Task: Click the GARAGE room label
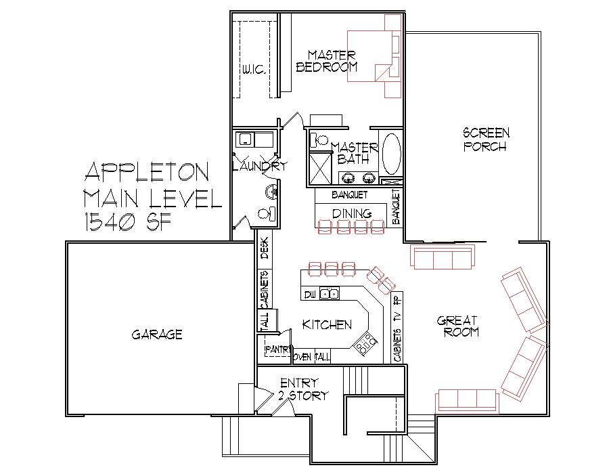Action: tap(157, 335)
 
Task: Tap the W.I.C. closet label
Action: tap(254, 70)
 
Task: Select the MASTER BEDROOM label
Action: tap(327, 61)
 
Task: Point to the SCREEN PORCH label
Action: tap(486, 139)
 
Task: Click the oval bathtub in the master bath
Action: tap(392, 154)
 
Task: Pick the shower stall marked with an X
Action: tap(320, 169)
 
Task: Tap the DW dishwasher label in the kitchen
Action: tap(310, 295)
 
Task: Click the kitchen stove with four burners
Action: tap(365, 344)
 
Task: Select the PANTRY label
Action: tap(277, 349)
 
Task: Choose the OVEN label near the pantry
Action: tap(303, 357)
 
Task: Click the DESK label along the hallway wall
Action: tap(265, 249)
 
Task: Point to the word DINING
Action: tap(351, 213)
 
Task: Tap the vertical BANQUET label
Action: tap(396, 207)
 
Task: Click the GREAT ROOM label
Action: tap(457, 326)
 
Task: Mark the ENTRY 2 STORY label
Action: tap(303, 389)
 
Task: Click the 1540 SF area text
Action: tap(128, 223)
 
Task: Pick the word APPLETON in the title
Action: tap(148, 172)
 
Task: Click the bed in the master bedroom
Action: tap(374, 56)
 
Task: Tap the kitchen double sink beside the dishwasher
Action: tap(330, 294)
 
